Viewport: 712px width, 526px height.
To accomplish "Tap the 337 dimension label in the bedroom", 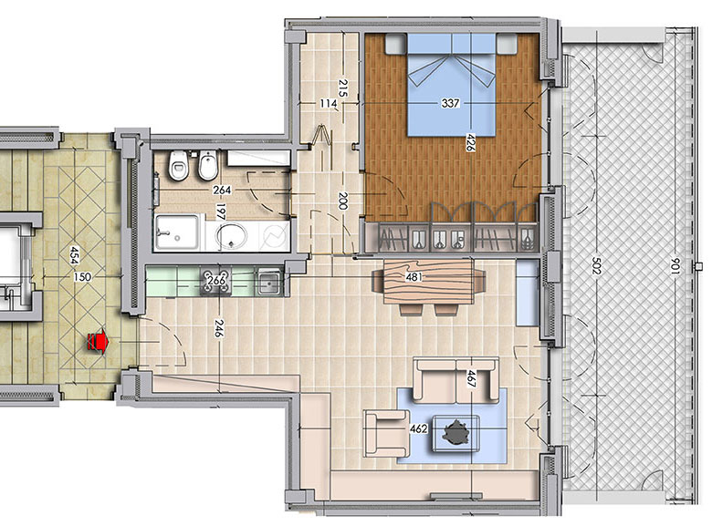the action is coord(450,103).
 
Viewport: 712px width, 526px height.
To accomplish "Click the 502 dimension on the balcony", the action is coord(596,266).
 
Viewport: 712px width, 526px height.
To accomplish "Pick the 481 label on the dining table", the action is coord(414,276).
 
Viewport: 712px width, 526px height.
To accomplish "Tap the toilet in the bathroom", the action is coord(178,165).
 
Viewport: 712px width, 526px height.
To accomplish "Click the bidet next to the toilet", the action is coord(208,165).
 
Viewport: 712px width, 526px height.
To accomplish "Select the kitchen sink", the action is coord(269,282).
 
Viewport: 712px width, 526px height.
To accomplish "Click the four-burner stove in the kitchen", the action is coord(216,282).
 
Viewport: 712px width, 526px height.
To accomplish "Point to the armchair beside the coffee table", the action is coord(387,433).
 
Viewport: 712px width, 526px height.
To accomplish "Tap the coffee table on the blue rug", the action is coord(455,434).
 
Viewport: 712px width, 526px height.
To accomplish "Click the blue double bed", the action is coord(451,85).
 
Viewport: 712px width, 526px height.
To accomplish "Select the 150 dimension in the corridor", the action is coord(82,276).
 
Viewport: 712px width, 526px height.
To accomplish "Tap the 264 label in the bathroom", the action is coord(222,190).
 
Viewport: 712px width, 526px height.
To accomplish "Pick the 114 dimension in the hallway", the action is coord(329,103).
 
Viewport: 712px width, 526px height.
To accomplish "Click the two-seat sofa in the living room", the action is coord(455,380).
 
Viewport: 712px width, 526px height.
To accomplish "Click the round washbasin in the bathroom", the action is coord(232,236).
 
